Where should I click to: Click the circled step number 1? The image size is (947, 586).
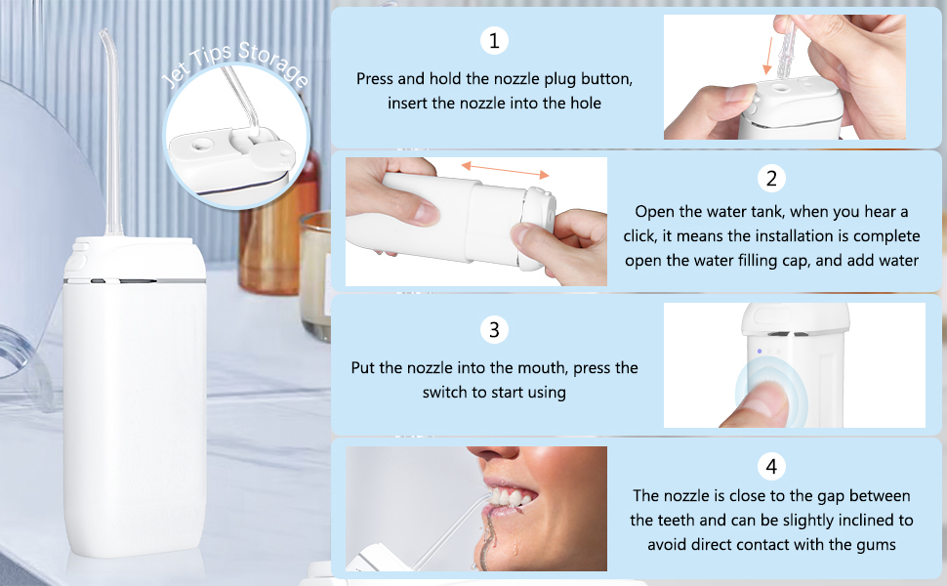click(x=495, y=41)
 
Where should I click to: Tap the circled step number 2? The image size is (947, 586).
click(x=771, y=179)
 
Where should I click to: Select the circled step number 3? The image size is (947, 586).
click(x=495, y=330)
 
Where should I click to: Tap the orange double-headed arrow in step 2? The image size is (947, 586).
click(x=505, y=169)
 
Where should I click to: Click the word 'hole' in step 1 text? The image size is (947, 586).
click(x=583, y=103)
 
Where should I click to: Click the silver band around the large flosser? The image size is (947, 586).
click(x=137, y=281)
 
